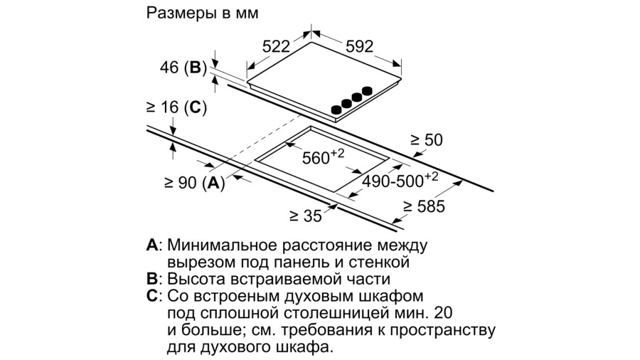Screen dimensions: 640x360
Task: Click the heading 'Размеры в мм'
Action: coord(202,13)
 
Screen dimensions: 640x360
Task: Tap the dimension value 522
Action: coord(276,46)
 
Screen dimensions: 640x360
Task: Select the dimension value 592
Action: coord(360,46)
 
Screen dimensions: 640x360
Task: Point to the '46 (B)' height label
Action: coord(183,68)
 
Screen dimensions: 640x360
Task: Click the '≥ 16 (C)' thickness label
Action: coord(176,107)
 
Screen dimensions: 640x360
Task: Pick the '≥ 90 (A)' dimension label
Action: coord(194,183)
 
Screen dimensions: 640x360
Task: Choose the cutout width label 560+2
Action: coord(323,156)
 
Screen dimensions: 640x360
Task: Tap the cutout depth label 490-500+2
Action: coord(400,179)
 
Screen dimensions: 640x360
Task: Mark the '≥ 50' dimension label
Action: coord(427,140)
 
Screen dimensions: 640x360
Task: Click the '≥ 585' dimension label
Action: coord(424,206)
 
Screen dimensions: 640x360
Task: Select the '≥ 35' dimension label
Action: coord(306,216)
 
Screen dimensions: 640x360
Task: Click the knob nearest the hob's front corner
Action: coord(336,110)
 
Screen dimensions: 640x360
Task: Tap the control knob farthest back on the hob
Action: coord(368,90)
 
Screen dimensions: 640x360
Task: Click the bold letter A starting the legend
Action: coord(152,245)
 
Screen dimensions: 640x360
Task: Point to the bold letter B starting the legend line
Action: coord(151,279)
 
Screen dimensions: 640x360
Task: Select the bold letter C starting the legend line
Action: coord(152,296)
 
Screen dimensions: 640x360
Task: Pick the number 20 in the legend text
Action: coord(443,313)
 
